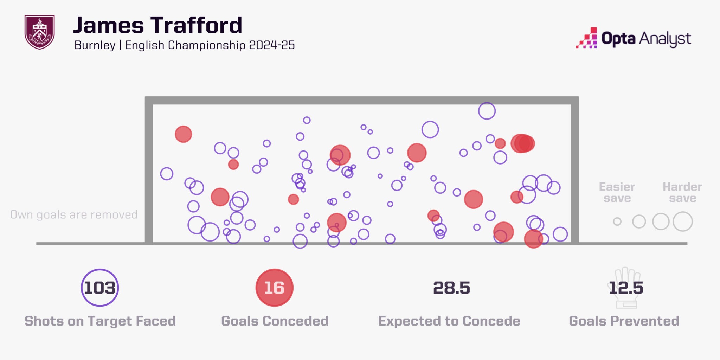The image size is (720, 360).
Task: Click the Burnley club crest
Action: pyautogui.click(x=39, y=32)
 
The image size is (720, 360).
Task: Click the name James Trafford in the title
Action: pyautogui.click(x=157, y=25)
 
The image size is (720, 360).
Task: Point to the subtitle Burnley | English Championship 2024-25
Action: pyautogui.click(x=184, y=45)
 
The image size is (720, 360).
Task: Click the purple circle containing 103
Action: pyautogui.click(x=100, y=288)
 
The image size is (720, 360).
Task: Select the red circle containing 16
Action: pyautogui.click(x=274, y=288)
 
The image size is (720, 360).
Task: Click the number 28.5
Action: pyautogui.click(x=451, y=288)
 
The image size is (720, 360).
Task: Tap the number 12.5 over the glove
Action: pyautogui.click(x=626, y=288)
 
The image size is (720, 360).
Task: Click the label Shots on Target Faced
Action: pyautogui.click(x=100, y=321)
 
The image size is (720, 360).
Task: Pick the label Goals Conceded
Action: pyautogui.click(x=275, y=321)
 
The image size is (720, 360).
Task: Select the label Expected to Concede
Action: pyautogui.click(x=449, y=321)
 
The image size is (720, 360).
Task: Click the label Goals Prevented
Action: pyautogui.click(x=624, y=321)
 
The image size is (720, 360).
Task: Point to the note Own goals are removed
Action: pyautogui.click(x=74, y=214)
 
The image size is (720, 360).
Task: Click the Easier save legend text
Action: pyautogui.click(x=617, y=192)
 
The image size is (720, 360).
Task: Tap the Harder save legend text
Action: pyautogui.click(x=682, y=192)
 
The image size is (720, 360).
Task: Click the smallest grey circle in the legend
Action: pyautogui.click(x=617, y=221)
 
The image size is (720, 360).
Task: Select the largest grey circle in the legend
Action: pyautogui.click(x=683, y=221)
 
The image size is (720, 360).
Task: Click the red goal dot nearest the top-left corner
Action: pyautogui.click(x=183, y=134)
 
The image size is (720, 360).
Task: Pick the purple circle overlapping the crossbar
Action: pyautogui.click(x=487, y=111)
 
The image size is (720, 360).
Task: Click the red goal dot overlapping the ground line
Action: pyautogui.click(x=533, y=239)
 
